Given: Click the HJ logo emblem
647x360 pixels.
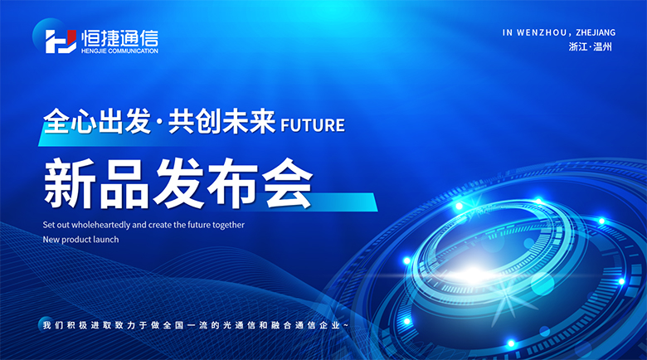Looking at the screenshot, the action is tap(61, 41).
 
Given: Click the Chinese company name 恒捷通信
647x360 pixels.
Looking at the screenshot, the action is tap(119, 38).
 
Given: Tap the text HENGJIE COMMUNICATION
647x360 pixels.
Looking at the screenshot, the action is tap(119, 51).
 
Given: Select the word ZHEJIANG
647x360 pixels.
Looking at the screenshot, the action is tap(596, 32).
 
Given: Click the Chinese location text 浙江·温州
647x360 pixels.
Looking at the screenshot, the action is tap(591, 46).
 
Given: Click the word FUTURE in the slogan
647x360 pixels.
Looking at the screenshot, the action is tap(313, 125).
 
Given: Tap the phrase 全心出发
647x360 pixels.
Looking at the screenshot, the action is tap(97, 121).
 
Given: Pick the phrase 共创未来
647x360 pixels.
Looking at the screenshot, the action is tap(221, 121).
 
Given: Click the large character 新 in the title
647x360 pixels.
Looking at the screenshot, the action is tap(70, 183).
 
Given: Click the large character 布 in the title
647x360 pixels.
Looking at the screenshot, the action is tap(233, 183).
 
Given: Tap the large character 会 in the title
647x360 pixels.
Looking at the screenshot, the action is tap(287, 183).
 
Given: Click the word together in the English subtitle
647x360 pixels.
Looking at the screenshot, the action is tap(229, 226).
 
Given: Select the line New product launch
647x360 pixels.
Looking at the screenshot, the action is tap(81, 240).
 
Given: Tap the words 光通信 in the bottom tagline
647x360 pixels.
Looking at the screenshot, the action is tap(238, 325).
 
